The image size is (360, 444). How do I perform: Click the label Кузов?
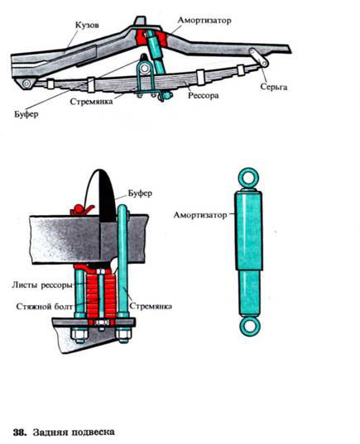click(87, 25)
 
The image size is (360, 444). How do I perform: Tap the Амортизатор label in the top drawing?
click(204, 21)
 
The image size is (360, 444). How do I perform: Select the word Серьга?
click(274, 87)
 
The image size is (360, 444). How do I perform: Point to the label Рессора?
click(204, 96)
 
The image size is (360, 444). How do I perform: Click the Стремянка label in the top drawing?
click(91, 102)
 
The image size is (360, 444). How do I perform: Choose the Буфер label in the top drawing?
click(26, 114)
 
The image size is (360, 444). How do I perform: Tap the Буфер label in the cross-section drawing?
click(140, 193)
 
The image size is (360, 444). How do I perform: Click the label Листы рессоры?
click(42, 285)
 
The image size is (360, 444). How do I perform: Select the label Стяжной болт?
click(45, 307)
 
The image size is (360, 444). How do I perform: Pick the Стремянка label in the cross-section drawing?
click(151, 307)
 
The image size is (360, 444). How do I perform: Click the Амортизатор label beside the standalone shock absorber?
click(200, 215)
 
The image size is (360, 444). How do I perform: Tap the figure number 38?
click(20, 432)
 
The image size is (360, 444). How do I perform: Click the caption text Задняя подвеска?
click(74, 432)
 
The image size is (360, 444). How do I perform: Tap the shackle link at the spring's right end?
click(258, 58)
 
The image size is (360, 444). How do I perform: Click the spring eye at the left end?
click(27, 84)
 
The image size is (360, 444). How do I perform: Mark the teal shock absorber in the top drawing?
click(156, 54)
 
